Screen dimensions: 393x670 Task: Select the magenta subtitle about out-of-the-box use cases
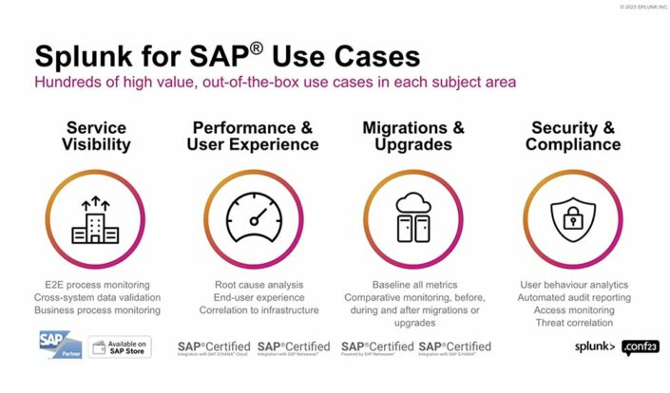(x=276, y=82)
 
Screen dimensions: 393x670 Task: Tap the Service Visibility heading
(x=96, y=137)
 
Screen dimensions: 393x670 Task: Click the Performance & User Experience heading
(x=253, y=137)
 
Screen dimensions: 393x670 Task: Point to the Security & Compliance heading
(x=573, y=137)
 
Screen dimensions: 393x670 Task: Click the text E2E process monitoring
(x=96, y=285)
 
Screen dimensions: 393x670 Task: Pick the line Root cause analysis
(x=254, y=285)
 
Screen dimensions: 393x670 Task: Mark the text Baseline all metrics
(x=413, y=285)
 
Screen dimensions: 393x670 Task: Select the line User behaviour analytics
(x=573, y=285)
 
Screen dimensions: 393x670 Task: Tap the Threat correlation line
(x=573, y=322)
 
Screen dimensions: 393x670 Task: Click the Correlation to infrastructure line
(x=254, y=309)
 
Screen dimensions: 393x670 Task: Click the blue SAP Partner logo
(x=59, y=346)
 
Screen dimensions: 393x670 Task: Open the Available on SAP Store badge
(x=120, y=347)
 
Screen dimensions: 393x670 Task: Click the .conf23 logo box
(x=640, y=347)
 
